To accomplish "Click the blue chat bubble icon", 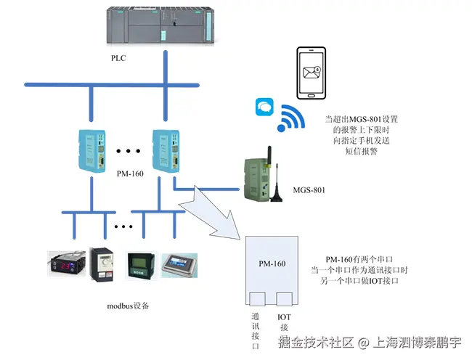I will pyautogui.click(x=262, y=108).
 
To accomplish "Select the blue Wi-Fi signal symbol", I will pyautogui.click(x=292, y=118).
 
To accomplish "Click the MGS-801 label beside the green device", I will pyautogui.click(x=309, y=190).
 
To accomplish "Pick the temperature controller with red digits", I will pyautogui.click(x=67, y=263).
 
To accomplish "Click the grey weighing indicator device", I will pyautogui.click(x=179, y=266).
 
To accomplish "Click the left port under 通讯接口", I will pyautogui.click(x=258, y=298).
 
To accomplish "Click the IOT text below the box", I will pyautogui.click(x=284, y=317).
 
